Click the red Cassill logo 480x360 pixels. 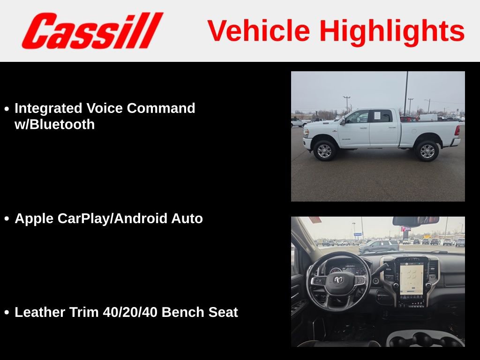[92, 31]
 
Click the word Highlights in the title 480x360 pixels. [392, 31]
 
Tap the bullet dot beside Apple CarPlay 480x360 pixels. [7, 219]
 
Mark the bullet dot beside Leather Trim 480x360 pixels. [7, 313]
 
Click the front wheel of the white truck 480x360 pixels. [324, 150]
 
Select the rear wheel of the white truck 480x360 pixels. [427, 150]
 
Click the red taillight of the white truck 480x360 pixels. [457, 130]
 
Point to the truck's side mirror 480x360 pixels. [343, 121]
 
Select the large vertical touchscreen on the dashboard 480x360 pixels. [411, 280]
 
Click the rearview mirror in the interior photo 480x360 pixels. [415, 221]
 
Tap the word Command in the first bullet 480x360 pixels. [161, 108]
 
